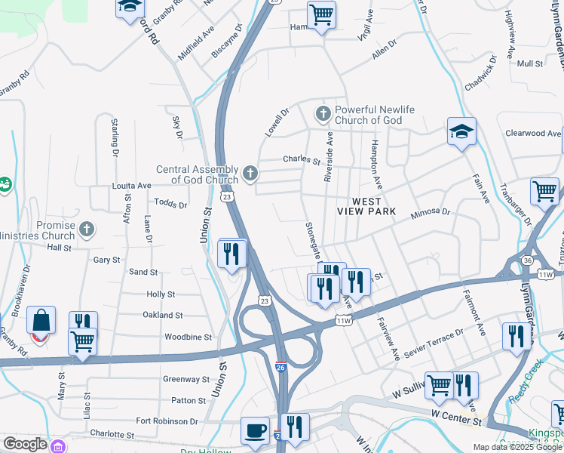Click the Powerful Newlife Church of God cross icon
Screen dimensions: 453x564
click(323, 115)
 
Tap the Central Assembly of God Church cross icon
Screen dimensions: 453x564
click(251, 174)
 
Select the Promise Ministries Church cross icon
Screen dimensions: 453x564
click(87, 230)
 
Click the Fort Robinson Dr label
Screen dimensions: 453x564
click(167, 421)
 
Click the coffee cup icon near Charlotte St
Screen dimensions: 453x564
click(255, 430)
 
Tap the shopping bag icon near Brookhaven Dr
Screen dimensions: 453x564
click(41, 320)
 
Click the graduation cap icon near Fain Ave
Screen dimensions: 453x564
click(461, 131)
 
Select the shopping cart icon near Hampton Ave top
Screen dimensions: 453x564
click(322, 14)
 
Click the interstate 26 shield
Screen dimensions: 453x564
click(280, 368)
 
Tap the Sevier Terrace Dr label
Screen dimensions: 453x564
click(434, 341)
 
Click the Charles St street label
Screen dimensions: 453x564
click(302, 160)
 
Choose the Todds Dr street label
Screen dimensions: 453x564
click(170, 203)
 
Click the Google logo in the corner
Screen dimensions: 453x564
click(25, 444)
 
